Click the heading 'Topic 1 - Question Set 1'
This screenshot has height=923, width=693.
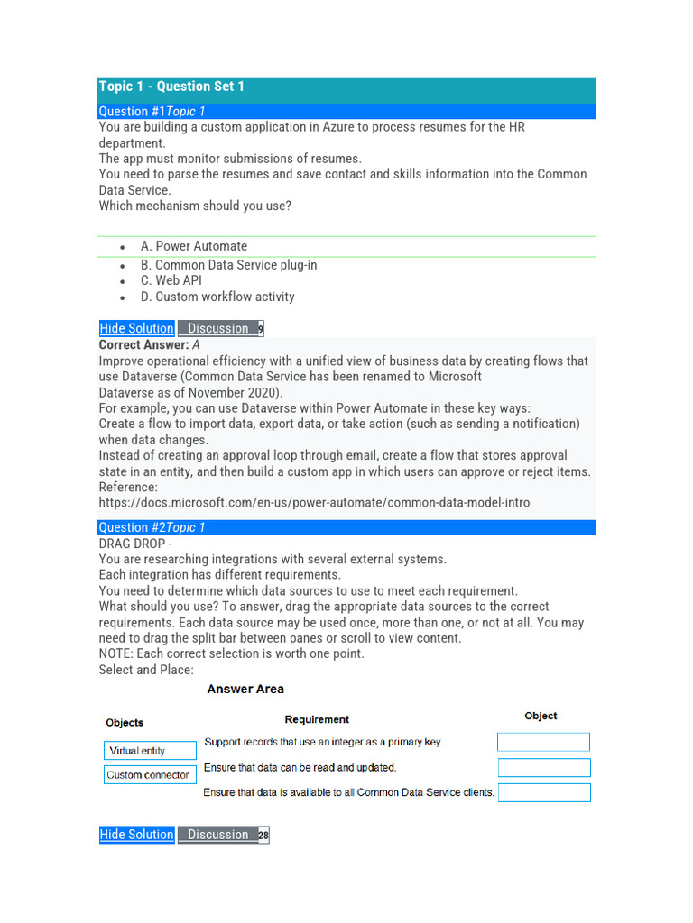[x=171, y=87]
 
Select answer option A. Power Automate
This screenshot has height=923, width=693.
[x=193, y=246]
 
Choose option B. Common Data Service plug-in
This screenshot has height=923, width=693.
[x=228, y=265]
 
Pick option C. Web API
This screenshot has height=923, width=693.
[x=171, y=280]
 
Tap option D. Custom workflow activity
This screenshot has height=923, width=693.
[x=217, y=297]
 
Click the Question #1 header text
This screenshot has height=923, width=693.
[x=152, y=112]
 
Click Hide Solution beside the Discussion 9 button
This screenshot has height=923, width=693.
[x=137, y=329]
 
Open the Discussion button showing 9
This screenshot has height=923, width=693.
[x=220, y=329]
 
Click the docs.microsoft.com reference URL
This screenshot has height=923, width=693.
[x=314, y=503]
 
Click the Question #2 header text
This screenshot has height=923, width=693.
[x=152, y=527]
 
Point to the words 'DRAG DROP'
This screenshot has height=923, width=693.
[x=132, y=544]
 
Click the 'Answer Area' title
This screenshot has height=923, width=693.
[x=245, y=690]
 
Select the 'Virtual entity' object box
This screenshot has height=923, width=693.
[x=150, y=751]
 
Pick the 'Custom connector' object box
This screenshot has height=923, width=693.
[x=150, y=775]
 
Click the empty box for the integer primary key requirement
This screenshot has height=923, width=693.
[x=543, y=742]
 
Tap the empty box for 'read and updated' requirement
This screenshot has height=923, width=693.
[x=544, y=768]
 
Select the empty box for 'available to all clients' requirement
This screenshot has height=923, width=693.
[x=544, y=792]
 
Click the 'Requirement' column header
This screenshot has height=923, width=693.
[x=317, y=719]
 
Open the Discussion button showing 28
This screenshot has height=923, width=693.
[x=222, y=835]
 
